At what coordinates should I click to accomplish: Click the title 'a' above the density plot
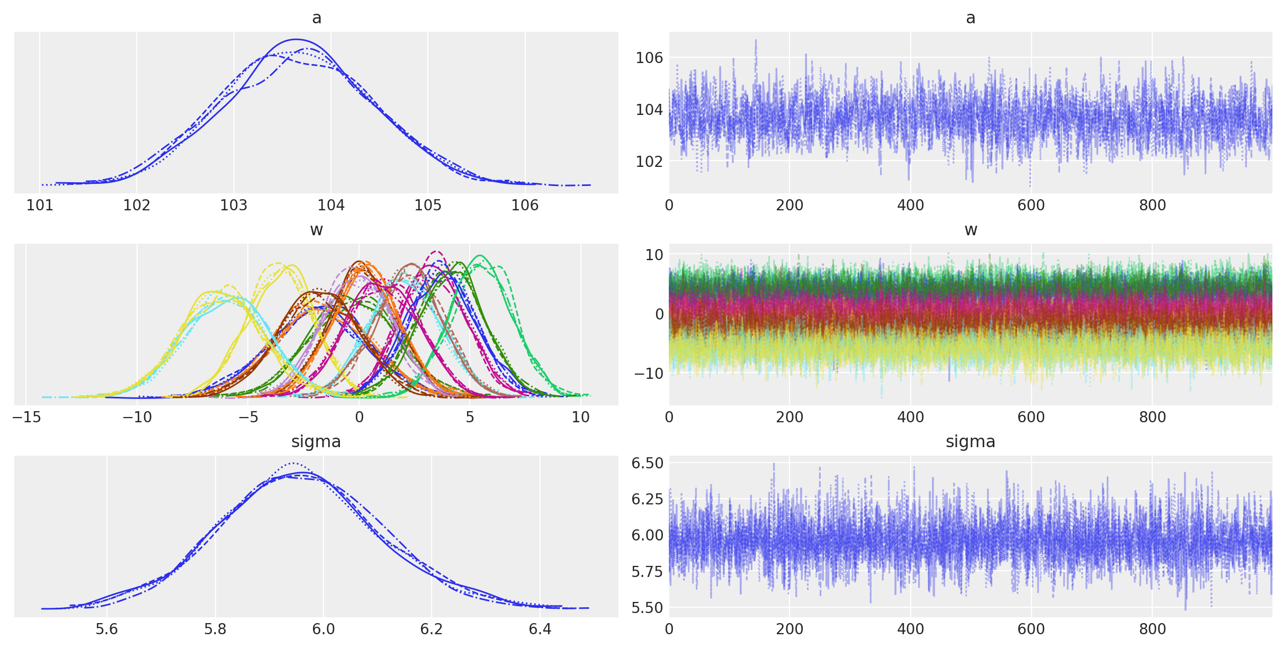tap(316, 18)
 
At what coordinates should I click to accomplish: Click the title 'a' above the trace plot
tap(970, 18)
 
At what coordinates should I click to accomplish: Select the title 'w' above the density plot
tap(316, 230)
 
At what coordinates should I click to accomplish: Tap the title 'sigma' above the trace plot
tap(970, 442)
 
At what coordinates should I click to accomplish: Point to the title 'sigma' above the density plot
tap(316, 442)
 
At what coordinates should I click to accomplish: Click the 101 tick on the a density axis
tap(40, 205)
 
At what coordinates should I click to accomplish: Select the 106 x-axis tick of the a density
tap(525, 205)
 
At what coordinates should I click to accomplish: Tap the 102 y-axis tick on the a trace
tap(649, 161)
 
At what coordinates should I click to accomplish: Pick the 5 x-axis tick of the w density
tap(470, 417)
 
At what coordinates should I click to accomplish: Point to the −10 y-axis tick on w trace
tap(646, 373)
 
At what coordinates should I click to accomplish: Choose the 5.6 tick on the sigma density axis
tap(106, 629)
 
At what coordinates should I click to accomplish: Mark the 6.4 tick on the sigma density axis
tap(540, 629)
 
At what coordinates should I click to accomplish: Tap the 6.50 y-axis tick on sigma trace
tap(647, 463)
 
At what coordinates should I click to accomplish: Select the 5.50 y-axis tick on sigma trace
tap(647, 608)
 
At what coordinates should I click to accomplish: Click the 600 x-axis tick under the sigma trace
tap(1031, 629)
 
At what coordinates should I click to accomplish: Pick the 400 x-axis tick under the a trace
tap(910, 205)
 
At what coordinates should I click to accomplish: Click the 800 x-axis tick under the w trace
tap(1152, 417)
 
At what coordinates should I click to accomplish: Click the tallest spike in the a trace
tap(756, 40)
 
